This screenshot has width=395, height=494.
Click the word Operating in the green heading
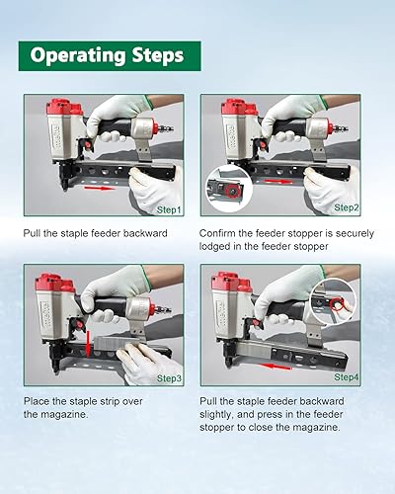pyautogui.click(x=78, y=55)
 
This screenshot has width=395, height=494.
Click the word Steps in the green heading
pyautogui.click(x=158, y=55)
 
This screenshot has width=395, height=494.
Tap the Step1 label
pyautogui.click(x=169, y=209)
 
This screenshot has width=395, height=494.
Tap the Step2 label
pyautogui.click(x=347, y=207)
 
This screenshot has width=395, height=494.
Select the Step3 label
pyautogui.click(x=169, y=378)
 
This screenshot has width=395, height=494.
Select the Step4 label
pyautogui.click(x=347, y=377)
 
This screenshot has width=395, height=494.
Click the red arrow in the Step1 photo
pyautogui.click(x=100, y=188)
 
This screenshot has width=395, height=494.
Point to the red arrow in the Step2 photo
pyautogui.click(x=278, y=182)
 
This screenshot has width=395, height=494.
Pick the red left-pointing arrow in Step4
pyautogui.click(x=276, y=366)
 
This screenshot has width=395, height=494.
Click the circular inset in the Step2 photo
pyautogui.click(x=229, y=189)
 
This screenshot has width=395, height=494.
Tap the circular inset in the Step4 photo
pyautogui.click(x=334, y=302)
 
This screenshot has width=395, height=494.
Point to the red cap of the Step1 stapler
pyautogui.click(x=64, y=108)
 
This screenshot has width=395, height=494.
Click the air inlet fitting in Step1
pyautogui.click(x=165, y=127)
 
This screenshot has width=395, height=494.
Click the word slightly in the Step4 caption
pyautogui.click(x=216, y=414)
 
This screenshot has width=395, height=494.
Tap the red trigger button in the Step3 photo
pyautogui.click(x=79, y=325)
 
